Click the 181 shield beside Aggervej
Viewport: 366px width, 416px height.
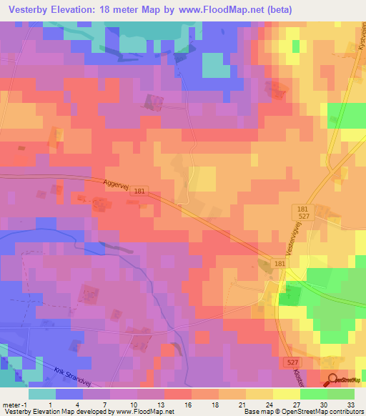point(138,191)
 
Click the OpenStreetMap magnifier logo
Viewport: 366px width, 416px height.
point(333,381)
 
